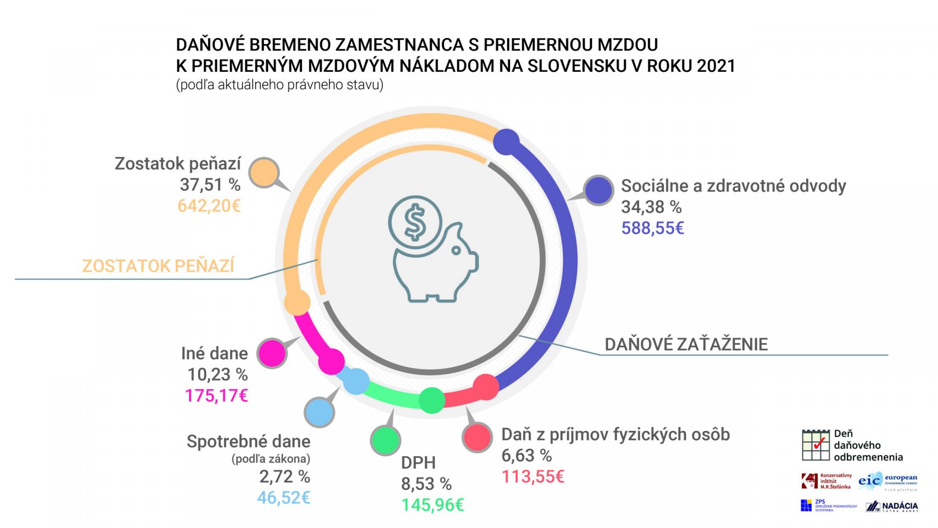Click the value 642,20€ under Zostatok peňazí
coord(209,206)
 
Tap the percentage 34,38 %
coord(651,207)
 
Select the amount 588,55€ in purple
coord(653,228)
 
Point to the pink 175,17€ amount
coord(216,396)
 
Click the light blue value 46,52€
coord(284,498)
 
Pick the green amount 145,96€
coord(432,505)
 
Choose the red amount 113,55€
coord(533,477)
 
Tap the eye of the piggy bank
coord(456,251)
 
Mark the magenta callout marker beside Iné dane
coord(272,353)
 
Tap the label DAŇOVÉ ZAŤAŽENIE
coord(686,345)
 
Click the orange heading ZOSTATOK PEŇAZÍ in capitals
coord(158,266)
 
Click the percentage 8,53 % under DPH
coord(426,484)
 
